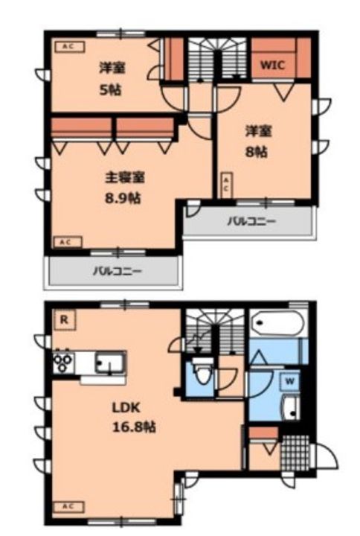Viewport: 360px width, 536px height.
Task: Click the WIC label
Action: pyautogui.click(x=272, y=65)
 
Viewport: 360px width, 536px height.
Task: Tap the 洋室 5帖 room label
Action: pyautogui.click(x=112, y=78)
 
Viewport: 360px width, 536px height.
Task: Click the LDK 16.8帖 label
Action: pyautogui.click(x=133, y=418)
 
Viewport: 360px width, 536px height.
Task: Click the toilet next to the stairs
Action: pyautogui.click(x=201, y=369)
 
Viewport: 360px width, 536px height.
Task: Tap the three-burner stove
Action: pyautogui.click(x=62, y=363)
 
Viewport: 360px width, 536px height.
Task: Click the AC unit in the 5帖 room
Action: pyautogui.click(x=68, y=46)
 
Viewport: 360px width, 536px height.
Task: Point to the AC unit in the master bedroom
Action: pyautogui.click(x=65, y=241)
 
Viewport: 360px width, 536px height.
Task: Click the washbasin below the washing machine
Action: pyautogui.click(x=291, y=407)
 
